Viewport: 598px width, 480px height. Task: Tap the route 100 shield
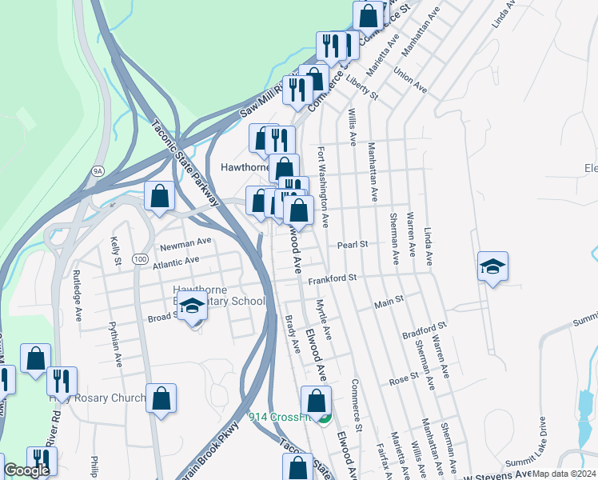tap(140, 259)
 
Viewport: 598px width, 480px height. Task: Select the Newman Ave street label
tap(185, 240)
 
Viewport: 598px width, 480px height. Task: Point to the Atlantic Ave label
tap(175, 261)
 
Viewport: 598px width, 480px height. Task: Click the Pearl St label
tap(353, 244)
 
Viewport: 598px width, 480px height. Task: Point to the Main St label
tap(389, 305)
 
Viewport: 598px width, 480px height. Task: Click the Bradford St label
tap(424, 330)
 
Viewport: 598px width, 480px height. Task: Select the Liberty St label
tap(361, 85)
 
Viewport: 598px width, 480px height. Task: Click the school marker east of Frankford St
tap(492, 268)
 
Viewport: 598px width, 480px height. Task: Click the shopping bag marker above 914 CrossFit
tap(317, 401)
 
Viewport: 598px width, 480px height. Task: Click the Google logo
tap(26, 470)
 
